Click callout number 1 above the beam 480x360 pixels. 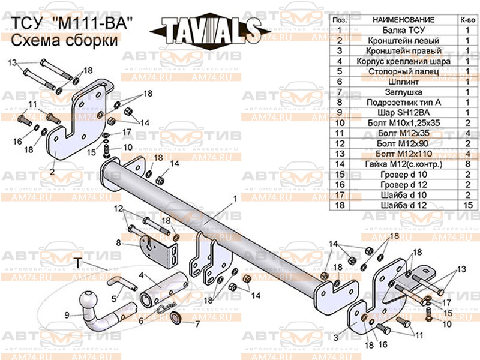pyautogui.click(x=235, y=197)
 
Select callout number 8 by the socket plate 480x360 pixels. pyautogui.click(x=119, y=243)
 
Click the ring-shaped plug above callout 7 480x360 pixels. pyautogui.click(x=176, y=317)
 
